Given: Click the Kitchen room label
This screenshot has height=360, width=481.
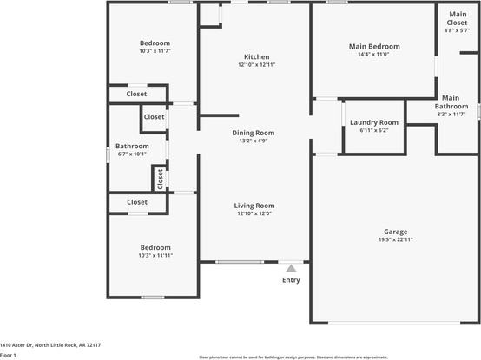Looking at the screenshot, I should (256, 57).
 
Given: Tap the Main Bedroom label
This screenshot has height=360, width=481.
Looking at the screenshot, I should (374, 46).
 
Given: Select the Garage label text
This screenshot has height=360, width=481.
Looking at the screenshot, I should (396, 232).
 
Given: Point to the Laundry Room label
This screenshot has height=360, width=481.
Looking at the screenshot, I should (374, 122).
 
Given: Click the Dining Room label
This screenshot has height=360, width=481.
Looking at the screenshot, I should (254, 133).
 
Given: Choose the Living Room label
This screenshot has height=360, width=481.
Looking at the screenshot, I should (254, 206).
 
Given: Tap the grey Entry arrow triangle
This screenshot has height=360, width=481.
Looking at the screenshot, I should (291, 268).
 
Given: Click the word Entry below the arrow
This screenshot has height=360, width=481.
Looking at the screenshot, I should (291, 280).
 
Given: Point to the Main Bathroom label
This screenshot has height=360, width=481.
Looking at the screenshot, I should (451, 102).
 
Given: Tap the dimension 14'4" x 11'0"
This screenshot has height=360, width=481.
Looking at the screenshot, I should (374, 55).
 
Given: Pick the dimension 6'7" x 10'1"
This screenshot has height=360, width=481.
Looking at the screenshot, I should (132, 154).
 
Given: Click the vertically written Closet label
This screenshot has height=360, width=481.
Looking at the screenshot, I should (161, 179).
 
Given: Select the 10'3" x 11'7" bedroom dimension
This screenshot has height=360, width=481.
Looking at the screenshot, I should (155, 52).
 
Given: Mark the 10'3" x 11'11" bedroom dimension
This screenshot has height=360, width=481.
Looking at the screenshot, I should (155, 256).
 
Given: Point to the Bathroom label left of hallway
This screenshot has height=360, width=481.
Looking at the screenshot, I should (132, 147).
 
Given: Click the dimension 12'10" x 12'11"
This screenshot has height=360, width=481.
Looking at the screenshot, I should (256, 65).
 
